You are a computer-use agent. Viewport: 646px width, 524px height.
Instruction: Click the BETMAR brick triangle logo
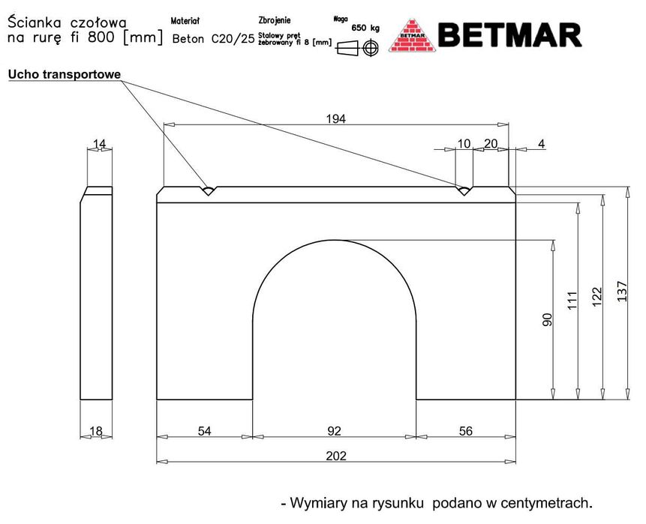click(413, 36)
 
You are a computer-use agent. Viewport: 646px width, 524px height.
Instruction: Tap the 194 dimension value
click(336, 119)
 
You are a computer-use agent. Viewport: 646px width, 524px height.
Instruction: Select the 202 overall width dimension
click(336, 456)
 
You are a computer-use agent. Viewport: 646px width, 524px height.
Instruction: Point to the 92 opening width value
click(334, 431)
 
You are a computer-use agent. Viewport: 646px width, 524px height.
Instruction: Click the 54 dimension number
click(204, 431)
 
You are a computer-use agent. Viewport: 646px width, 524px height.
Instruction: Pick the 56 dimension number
click(465, 431)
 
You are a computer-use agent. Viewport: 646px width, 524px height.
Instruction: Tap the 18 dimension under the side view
click(95, 431)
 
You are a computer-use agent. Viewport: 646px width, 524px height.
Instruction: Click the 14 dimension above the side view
click(99, 144)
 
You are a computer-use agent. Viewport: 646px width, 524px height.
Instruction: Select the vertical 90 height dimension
click(547, 319)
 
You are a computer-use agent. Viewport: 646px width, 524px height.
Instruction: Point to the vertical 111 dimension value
click(572, 301)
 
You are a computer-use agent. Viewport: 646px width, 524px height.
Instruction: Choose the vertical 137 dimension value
click(622, 292)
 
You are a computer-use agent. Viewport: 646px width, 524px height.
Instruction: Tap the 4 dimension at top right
click(542, 144)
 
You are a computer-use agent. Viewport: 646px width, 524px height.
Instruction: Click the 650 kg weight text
click(365, 28)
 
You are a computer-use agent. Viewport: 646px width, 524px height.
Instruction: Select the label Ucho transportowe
click(65, 74)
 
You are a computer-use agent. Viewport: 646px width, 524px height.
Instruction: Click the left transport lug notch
click(209, 190)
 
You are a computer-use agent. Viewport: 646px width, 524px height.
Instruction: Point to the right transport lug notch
click(464, 190)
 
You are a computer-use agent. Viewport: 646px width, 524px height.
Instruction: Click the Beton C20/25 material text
click(213, 39)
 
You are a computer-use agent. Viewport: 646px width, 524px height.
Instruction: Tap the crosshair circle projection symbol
click(371, 47)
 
